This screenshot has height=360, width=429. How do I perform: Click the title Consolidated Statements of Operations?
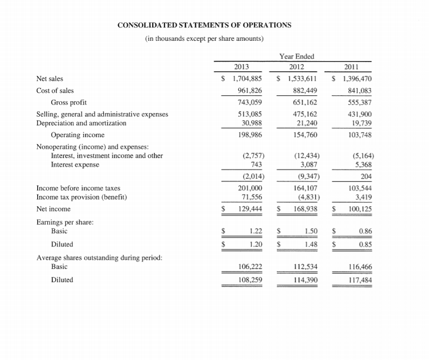pos(205,24)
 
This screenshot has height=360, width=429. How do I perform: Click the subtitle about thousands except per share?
pos(204,39)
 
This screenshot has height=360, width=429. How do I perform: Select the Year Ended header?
pos(297,56)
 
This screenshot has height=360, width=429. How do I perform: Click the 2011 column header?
pos(352,67)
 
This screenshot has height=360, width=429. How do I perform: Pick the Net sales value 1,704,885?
pos(247,79)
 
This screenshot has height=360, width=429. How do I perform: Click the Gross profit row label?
pos(69,102)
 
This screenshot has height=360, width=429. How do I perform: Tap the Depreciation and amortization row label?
pos(81,123)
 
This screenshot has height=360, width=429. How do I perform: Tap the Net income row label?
pos(53,209)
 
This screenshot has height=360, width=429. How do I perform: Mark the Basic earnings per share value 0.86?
pos(365,231)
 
